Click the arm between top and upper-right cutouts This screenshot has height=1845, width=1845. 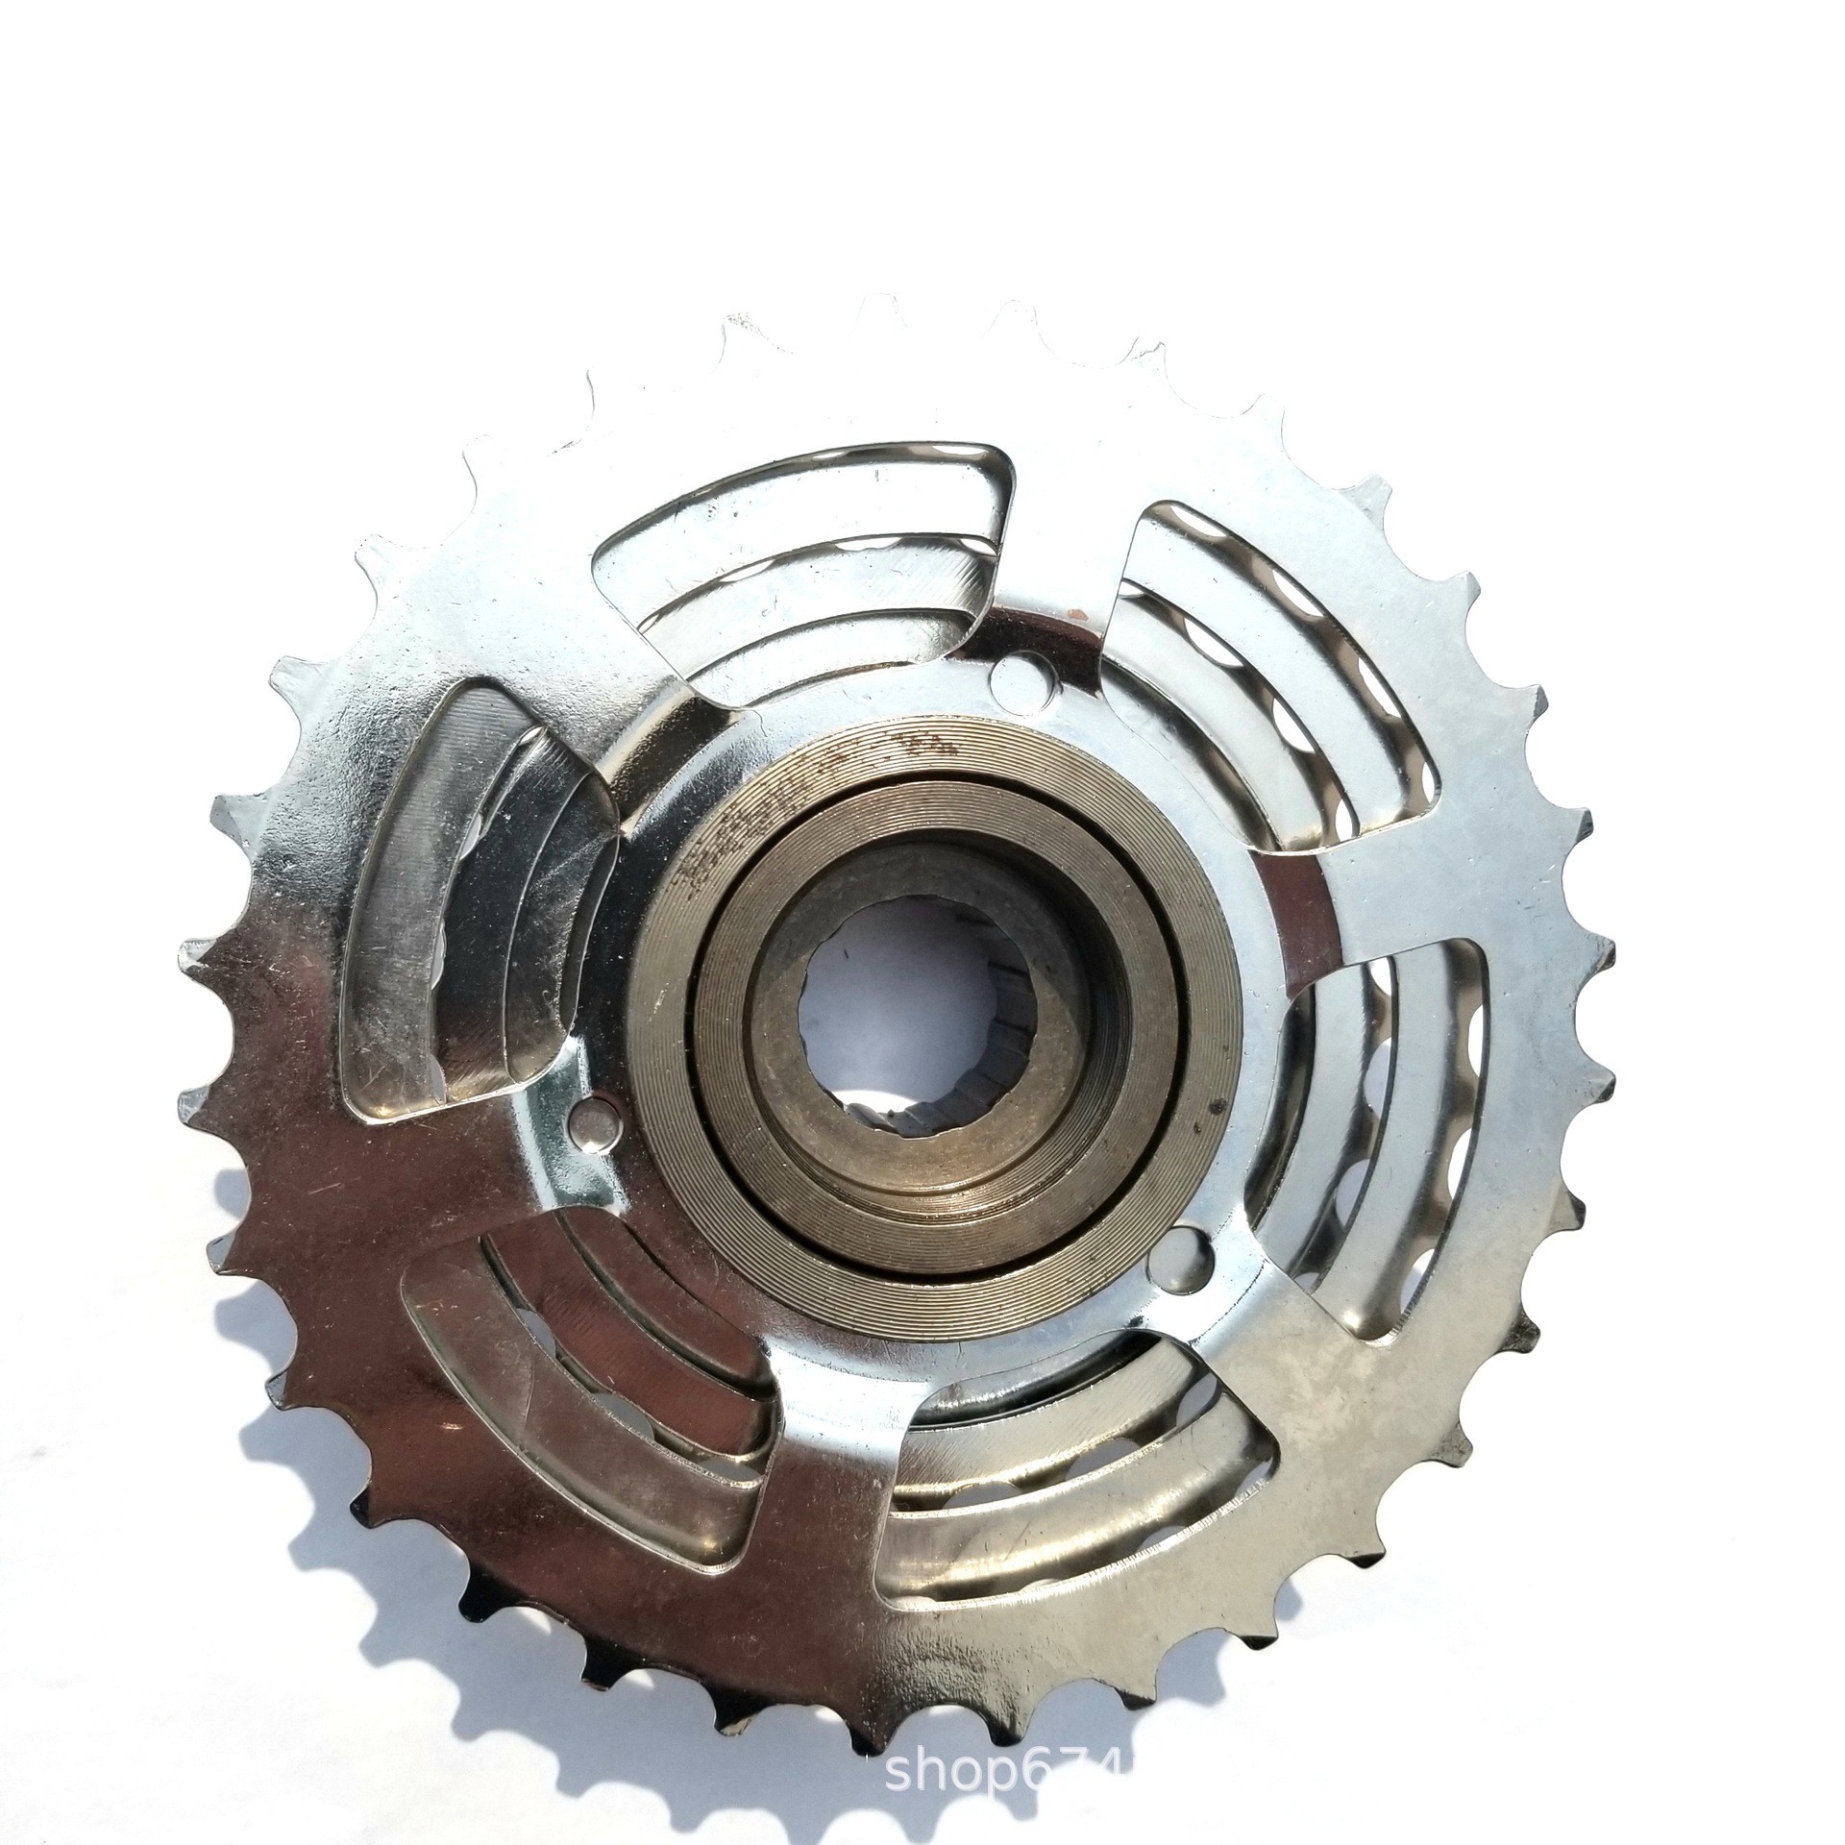(1067, 577)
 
